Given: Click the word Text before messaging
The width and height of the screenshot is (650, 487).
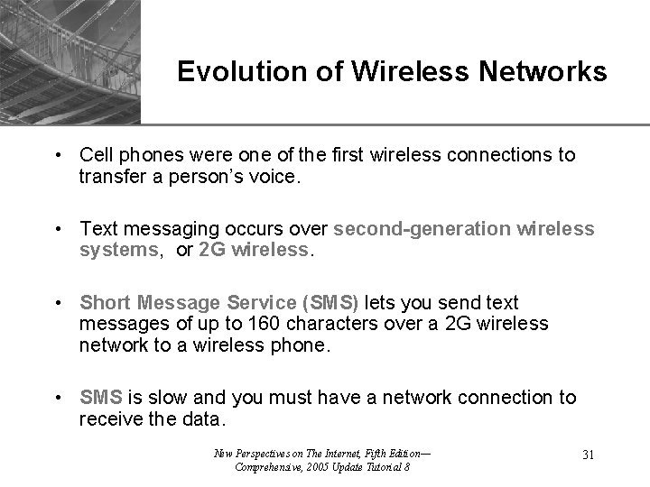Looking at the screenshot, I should coord(97,229).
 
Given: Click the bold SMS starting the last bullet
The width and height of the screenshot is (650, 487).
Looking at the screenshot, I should coord(98,398).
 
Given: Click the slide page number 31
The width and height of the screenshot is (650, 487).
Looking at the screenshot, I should coord(587,455).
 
